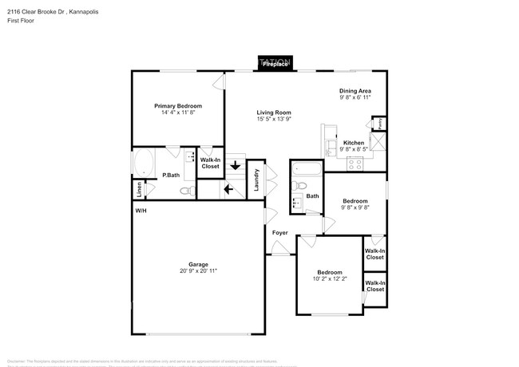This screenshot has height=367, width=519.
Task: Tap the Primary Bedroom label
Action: pyautogui.click(x=178, y=106)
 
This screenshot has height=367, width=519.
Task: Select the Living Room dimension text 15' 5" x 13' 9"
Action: pyautogui.click(x=274, y=120)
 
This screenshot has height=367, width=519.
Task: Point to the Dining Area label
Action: pyautogui.click(x=355, y=91)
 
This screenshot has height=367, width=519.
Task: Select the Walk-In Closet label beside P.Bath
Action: pyautogui.click(x=210, y=163)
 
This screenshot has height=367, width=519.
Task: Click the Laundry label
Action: pyautogui.click(x=256, y=179)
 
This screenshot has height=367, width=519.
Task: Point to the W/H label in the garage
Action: pyautogui.click(x=141, y=211)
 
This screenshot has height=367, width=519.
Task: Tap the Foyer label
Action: pyautogui.click(x=279, y=233)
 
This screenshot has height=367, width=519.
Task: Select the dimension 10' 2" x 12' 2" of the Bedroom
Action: pyautogui.click(x=330, y=279)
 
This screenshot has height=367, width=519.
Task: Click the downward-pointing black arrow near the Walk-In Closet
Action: pyautogui.click(x=235, y=167)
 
